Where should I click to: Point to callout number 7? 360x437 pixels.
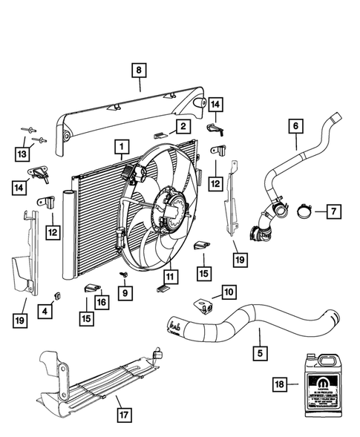click(333, 212)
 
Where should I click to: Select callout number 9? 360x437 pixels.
click(125, 293)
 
